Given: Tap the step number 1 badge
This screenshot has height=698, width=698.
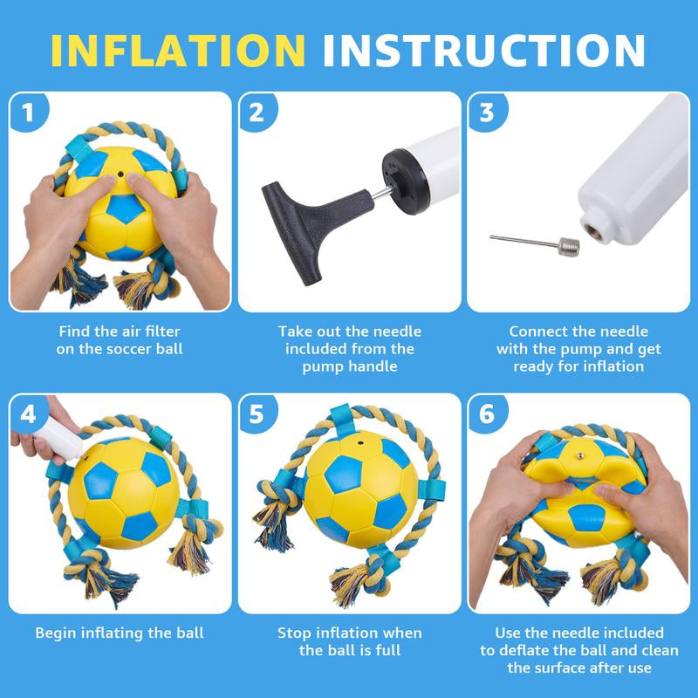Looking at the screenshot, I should [x=29, y=113].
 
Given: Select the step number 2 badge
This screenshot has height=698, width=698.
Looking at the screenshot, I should [x=257, y=113].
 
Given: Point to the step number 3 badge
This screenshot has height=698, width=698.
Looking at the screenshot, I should [x=486, y=113].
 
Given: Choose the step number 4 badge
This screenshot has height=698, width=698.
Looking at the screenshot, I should [x=29, y=414].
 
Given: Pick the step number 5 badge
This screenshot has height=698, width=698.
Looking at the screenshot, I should [x=257, y=414].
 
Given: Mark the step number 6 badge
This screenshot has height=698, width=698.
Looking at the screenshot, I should [x=486, y=414].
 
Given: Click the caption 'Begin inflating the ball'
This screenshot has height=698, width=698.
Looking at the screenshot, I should [x=121, y=633].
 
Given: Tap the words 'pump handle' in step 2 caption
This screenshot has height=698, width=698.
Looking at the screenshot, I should [x=349, y=366].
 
